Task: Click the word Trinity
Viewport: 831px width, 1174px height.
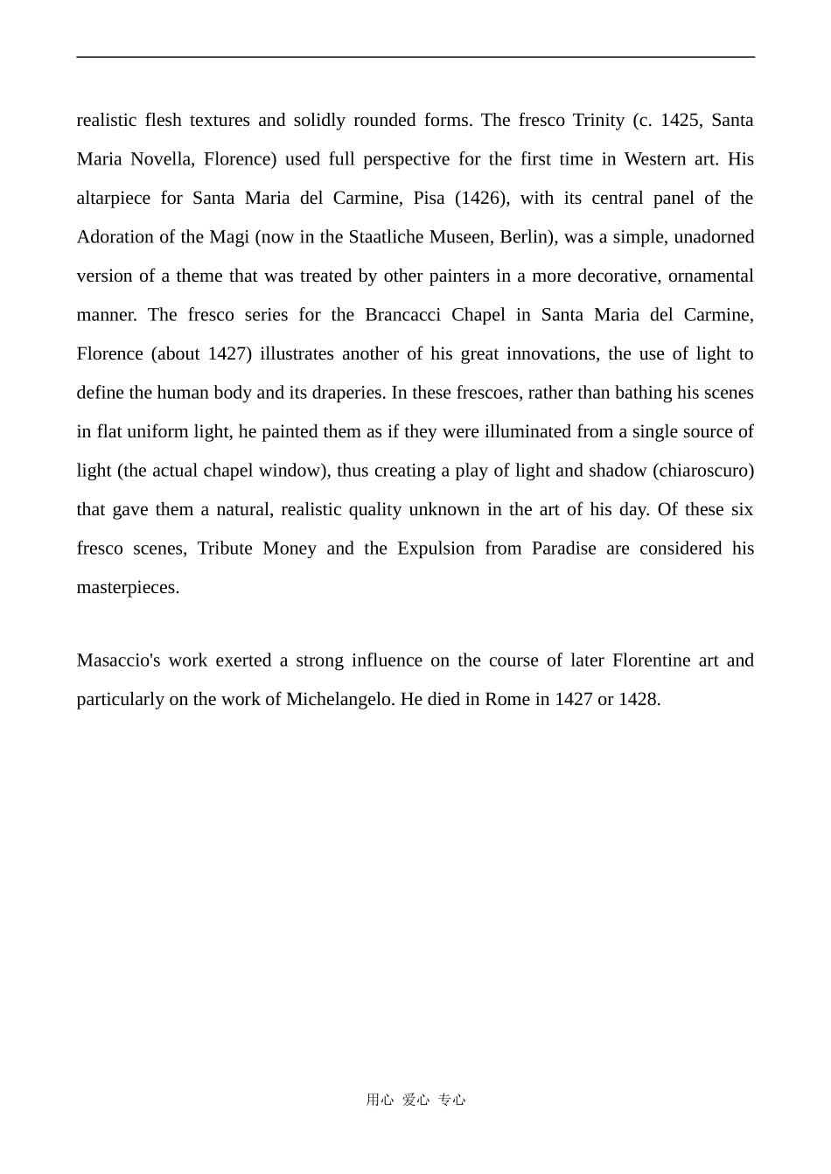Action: point(598,120)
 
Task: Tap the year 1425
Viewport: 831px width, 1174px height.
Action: point(680,120)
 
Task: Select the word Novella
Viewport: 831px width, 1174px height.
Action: point(163,159)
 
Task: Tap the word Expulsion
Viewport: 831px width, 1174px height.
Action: point(436,549)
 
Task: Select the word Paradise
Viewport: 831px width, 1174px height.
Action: point(563,549)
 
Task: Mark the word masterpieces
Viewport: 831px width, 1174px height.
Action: point(128,587)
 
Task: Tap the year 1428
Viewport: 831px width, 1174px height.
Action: point(639,700)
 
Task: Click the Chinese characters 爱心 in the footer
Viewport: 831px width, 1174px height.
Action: point(415,1101)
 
